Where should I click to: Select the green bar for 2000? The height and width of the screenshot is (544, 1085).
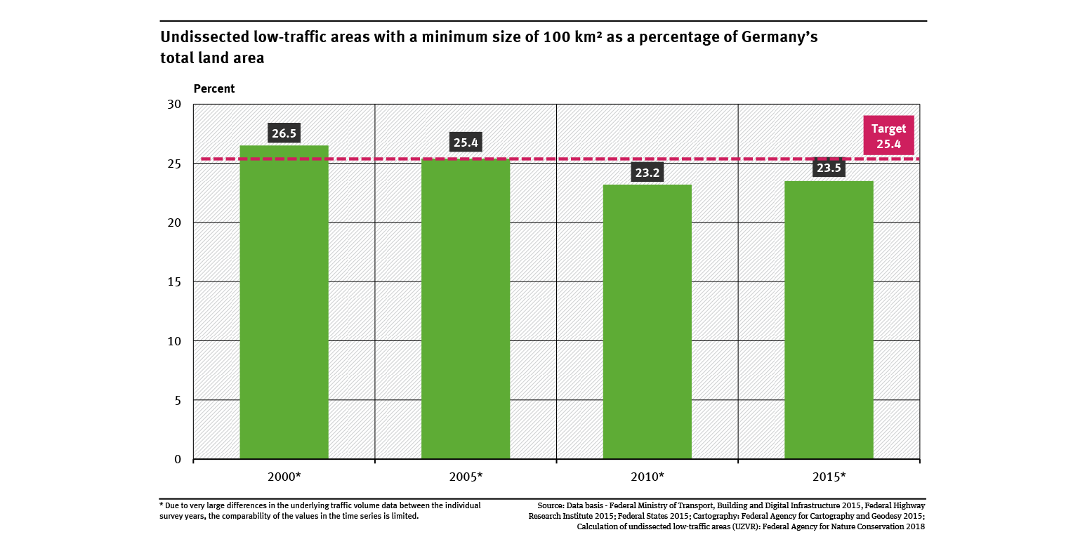pos(284,302)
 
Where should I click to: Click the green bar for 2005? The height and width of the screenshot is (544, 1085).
pos(466,309)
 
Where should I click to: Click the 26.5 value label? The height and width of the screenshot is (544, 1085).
pos(284,133)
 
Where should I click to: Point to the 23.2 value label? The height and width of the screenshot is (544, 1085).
pos(647,173)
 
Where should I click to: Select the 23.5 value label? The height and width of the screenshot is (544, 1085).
pos(829,168)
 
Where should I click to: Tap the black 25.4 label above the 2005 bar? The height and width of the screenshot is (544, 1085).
pos(466,143)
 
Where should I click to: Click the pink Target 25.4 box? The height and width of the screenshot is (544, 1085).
pos(888,135)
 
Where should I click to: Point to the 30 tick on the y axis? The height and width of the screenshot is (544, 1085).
pos(174,105)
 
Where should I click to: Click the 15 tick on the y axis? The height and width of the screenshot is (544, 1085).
pos(174,282)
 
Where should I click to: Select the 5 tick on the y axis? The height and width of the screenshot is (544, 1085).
pos(177,400)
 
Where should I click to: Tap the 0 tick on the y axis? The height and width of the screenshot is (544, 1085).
pos(177,460)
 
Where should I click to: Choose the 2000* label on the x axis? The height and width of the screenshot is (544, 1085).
pos(284,477)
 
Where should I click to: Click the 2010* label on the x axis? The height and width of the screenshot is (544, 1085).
pos(647,477)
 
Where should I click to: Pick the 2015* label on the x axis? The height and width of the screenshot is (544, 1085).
pos(829,477)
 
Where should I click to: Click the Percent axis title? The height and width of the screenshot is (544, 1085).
pos(213,89)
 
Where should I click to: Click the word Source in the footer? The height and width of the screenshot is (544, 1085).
pos(551,505)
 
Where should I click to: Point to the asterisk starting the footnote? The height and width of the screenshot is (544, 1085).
pos(162,504)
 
